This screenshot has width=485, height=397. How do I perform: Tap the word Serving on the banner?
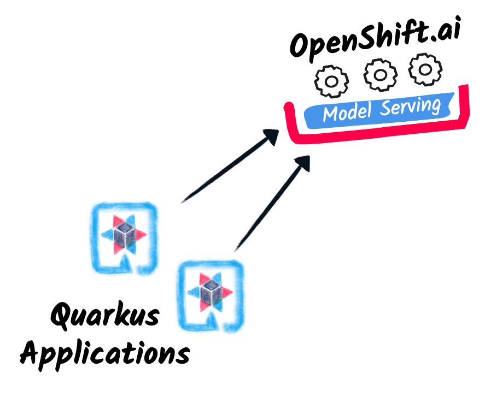[x=411, y=106]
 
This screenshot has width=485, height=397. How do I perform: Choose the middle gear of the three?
[x=381, y=75]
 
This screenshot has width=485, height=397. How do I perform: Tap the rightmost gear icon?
[x=425, y=69]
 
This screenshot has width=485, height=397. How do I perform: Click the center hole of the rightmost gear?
[x=425, y=69]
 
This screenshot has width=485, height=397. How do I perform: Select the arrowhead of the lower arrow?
[x=303, y=162]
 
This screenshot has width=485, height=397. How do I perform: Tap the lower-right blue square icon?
[x=211, y=295]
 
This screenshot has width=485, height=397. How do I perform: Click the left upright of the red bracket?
[x=290, y=123]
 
